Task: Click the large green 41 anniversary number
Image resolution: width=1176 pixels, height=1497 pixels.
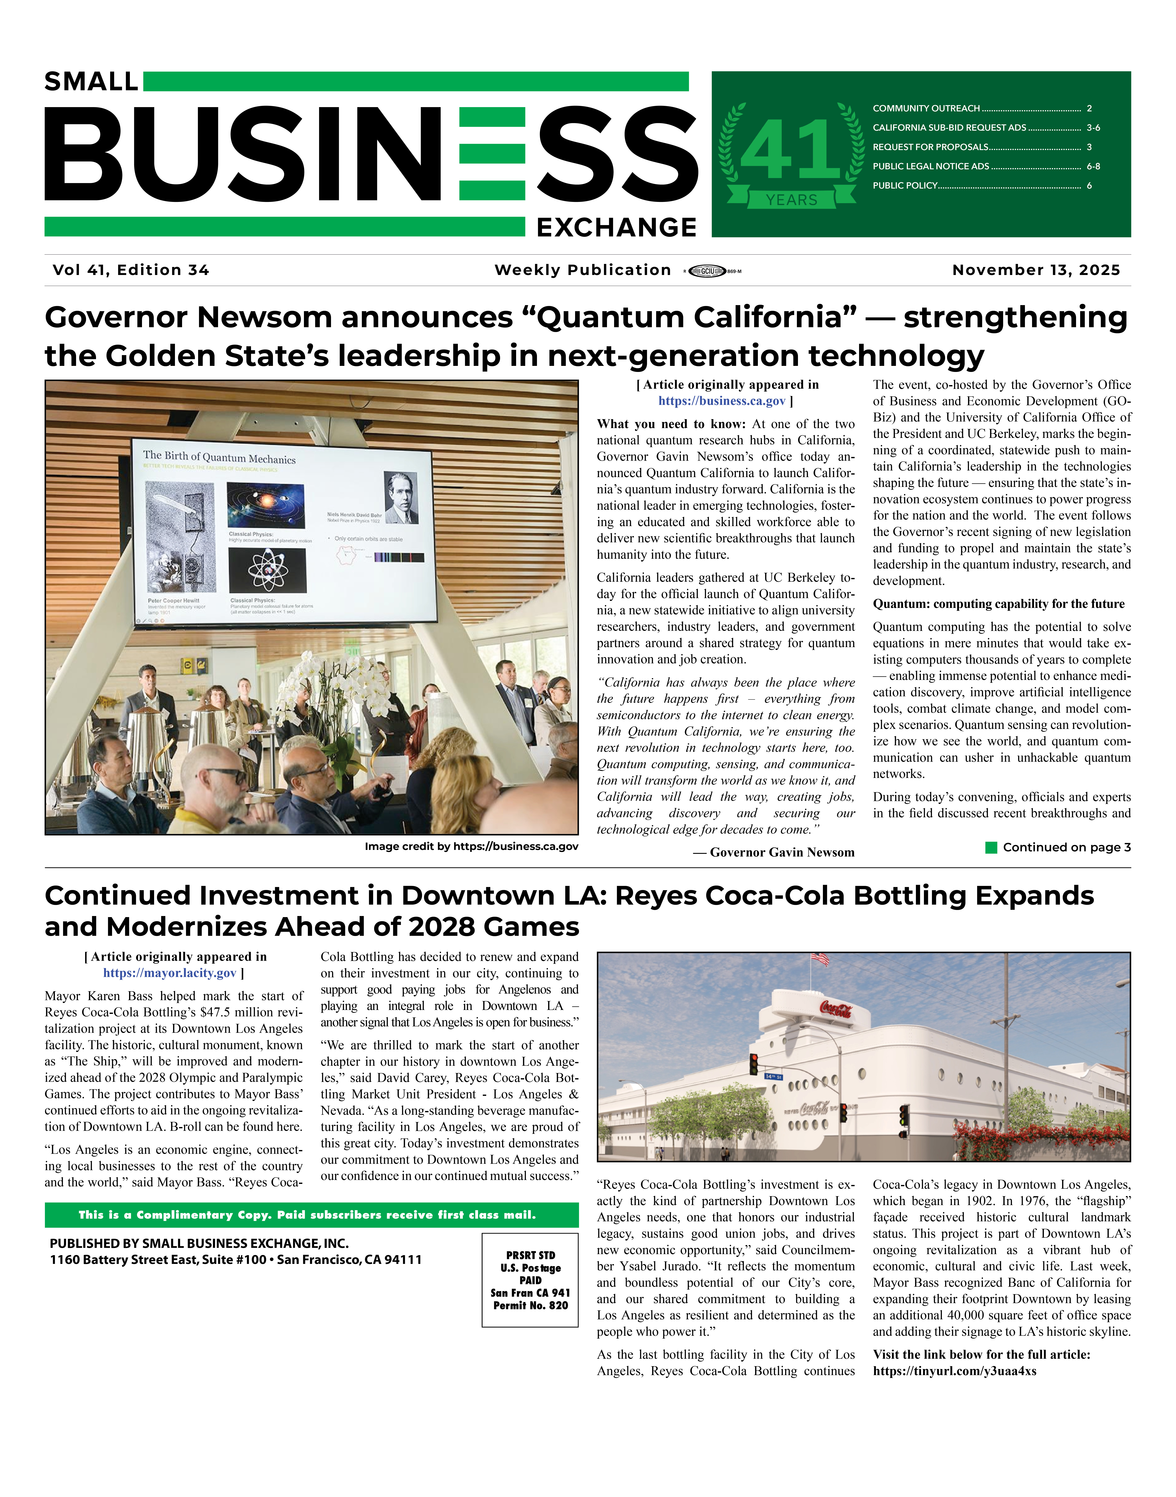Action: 790,150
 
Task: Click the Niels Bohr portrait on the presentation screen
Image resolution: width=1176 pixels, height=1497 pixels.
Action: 402,497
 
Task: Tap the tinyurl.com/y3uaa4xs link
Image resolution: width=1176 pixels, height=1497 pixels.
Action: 954,1371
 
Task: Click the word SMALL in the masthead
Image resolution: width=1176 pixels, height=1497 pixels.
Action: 91,82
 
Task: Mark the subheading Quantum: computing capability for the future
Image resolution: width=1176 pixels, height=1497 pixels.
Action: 998,604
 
